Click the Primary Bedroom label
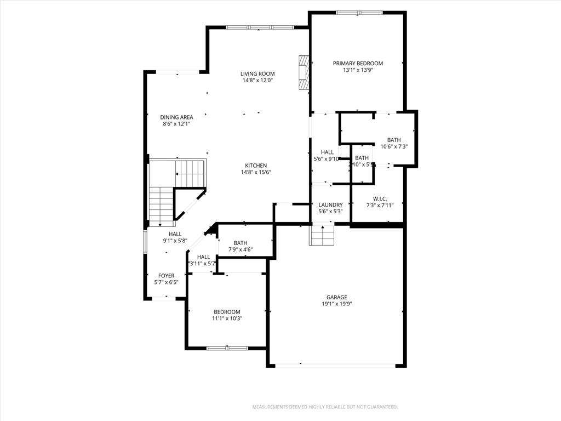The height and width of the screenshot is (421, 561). pos(358,64)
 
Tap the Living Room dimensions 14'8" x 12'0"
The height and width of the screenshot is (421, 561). pos(257,81)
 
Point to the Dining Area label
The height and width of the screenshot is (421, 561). pos(176,117)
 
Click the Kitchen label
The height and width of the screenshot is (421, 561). pos(256,166)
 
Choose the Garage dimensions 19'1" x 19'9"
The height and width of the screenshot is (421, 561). pos(337,304)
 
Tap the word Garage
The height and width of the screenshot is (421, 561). pos(337,297)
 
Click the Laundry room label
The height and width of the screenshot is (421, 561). pos(330,205)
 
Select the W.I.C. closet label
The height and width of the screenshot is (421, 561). pos(380,199)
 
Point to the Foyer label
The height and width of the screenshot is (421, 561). pos(167,276)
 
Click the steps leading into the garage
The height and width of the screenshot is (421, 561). pos(322,236)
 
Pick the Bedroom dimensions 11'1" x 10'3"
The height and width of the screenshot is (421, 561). pos(227,318)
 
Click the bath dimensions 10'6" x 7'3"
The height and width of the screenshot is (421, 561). pos(394,146)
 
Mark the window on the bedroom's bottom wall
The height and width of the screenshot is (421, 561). pos(227,348)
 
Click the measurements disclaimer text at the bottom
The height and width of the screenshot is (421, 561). pos(324,407)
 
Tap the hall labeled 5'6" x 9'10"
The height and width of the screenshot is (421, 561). pos(327,156)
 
